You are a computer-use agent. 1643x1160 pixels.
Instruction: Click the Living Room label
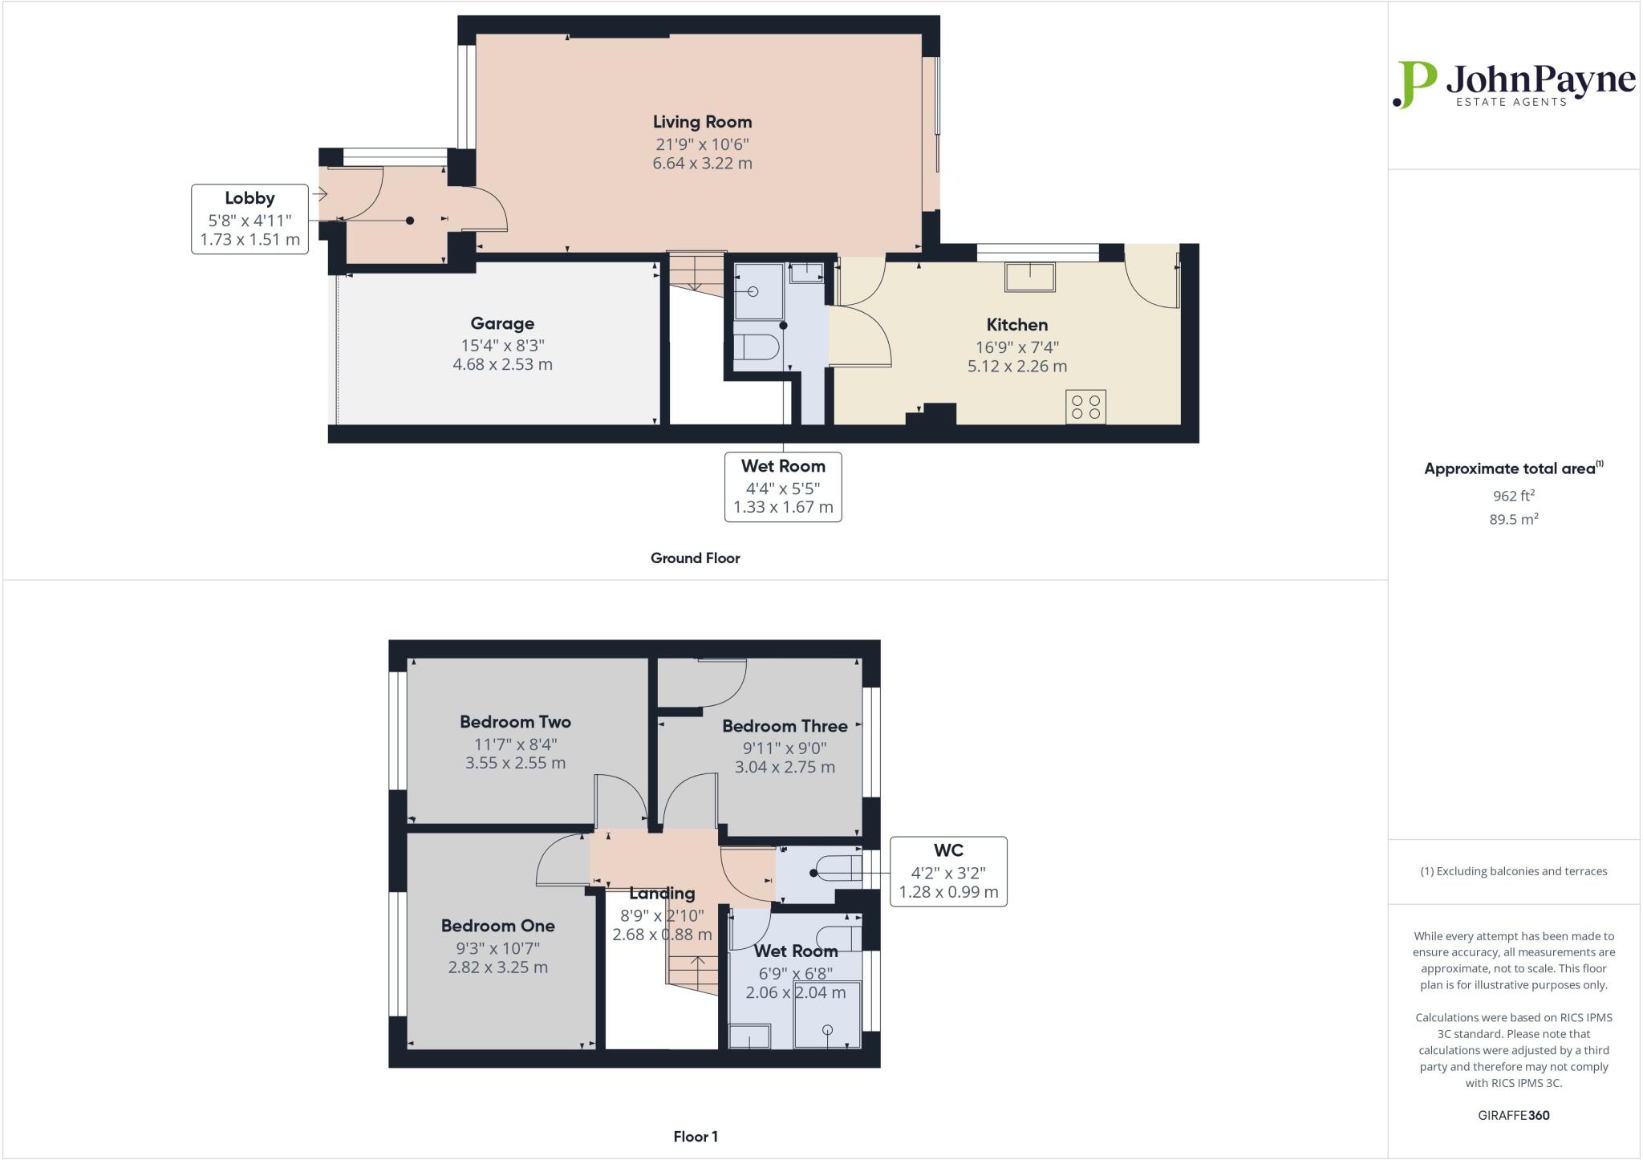tap(702, 122)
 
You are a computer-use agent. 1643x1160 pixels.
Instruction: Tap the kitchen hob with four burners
tap(1085, 406)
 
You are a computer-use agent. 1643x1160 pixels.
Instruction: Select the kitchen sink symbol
tap(1030, 277)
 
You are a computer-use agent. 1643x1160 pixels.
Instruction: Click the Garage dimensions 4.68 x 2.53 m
tap(502, 364)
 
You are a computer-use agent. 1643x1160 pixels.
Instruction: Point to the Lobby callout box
tap(249, 219)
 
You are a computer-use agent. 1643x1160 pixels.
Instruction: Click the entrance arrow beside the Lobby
tap(321, 194)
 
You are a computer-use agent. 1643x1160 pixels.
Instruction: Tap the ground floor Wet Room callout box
tap(783, 487)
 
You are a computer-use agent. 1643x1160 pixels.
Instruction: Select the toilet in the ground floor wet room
tap(757, 348)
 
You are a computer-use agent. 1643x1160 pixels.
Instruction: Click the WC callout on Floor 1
tap(948, 871)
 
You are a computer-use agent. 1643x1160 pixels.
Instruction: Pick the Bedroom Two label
tap(515, 722)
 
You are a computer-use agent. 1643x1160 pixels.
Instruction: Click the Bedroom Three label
tap(785, 726)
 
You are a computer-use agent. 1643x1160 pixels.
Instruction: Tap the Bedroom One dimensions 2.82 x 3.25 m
tap(497, 967)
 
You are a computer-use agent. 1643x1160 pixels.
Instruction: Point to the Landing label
tap(662, 893)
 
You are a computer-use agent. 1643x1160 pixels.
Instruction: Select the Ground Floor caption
tap(695, 558)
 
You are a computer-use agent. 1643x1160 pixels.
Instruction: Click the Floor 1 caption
tap(695, 1137)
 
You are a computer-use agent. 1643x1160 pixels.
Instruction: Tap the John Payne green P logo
tap(1414, 84)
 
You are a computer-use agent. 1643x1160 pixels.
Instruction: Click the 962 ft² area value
tap(1513, 496)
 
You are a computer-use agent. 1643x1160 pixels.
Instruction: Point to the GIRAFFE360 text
tap(1513, 1115)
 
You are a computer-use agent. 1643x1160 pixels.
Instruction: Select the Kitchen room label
tap(1016, 325)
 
